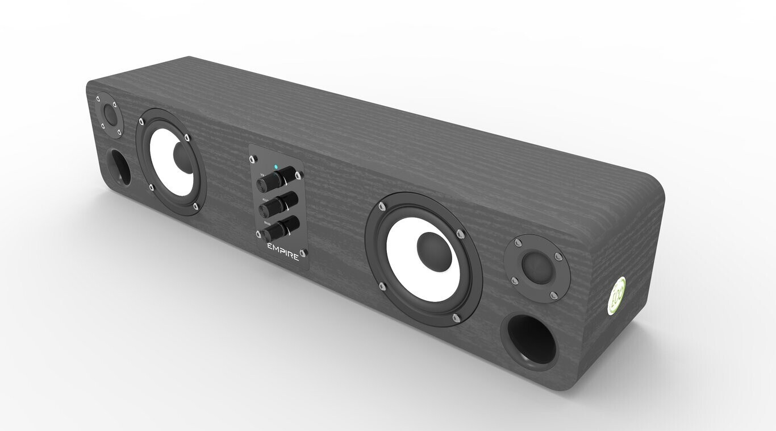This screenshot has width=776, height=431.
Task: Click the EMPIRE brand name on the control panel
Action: (283, 252)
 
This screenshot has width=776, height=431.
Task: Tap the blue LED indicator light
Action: (276, 167)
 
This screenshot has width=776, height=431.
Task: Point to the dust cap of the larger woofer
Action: (432, 249)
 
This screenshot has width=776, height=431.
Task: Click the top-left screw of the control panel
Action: (254, 158)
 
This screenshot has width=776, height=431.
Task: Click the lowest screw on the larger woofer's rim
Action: (454, 317)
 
